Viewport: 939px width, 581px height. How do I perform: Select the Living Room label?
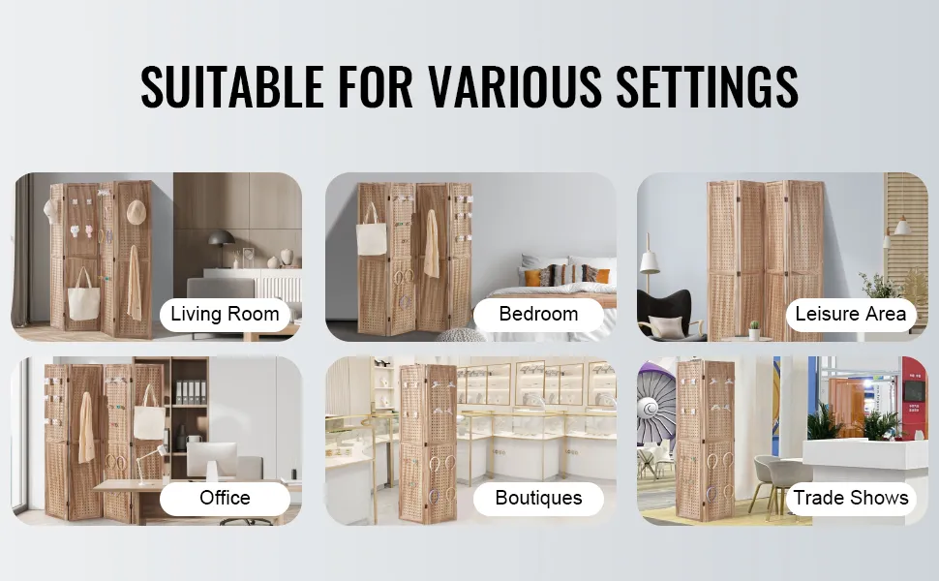click(x=225, y=314)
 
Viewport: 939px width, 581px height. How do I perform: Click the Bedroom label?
click(x=538, y=314)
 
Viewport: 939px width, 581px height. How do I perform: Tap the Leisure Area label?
click(x=850, y=314)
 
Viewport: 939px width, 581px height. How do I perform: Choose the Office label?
click(x=225, y=498)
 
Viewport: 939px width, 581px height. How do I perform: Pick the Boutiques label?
click(x=538, y=498)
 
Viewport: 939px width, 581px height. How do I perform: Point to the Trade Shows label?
click(x=850, y=498)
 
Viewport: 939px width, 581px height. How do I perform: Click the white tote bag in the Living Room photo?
click(x=83, y=301)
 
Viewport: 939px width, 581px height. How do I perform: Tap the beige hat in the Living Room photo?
click(x=136, y=211)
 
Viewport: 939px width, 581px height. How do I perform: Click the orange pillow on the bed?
click(x=531, y=277)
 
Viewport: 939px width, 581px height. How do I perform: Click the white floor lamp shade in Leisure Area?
click(x=650, y=262)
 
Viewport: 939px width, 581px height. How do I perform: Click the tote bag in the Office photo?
click(x=148, y=417)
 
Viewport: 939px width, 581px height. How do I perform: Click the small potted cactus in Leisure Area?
click(x=754, y=330)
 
